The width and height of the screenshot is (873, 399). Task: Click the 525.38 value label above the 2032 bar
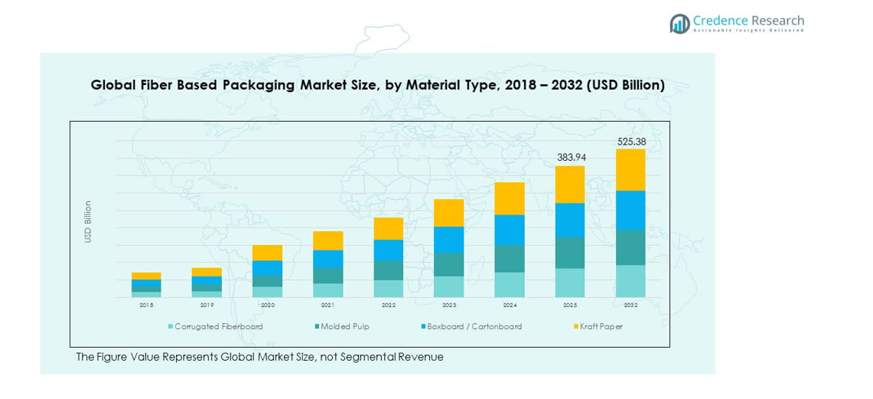click(631, 142)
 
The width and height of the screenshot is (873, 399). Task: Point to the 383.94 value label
click(570, 157)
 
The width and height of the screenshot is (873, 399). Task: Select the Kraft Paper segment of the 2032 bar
click(631, 170)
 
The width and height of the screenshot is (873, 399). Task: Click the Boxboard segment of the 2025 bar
click(570, 220)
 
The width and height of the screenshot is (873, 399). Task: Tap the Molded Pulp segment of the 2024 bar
click(510, 258)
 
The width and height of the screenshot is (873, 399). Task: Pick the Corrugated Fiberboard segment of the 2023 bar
click(449, 286)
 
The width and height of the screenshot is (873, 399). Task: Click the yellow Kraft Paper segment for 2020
click(268, 253)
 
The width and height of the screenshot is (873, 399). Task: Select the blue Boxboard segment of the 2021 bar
click(328, 259)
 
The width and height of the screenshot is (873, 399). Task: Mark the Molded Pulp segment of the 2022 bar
click(389, 270)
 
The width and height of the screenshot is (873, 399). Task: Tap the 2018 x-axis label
click(146, 305)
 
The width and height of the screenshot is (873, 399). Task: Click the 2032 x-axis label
click(631, 305)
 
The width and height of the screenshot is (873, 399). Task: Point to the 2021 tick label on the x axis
click(328, 305)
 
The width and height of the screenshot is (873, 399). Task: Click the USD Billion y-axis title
click(88, 222)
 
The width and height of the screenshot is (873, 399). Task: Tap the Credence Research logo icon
click(679, 24)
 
